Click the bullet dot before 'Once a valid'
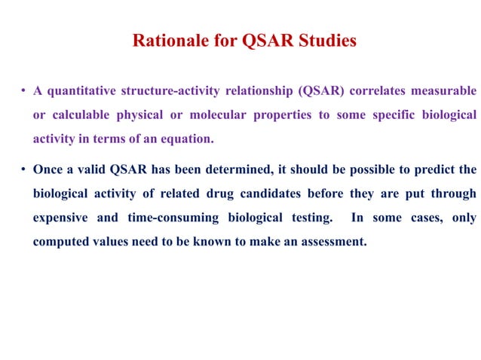(24, 170)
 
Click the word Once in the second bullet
(48, 169)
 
